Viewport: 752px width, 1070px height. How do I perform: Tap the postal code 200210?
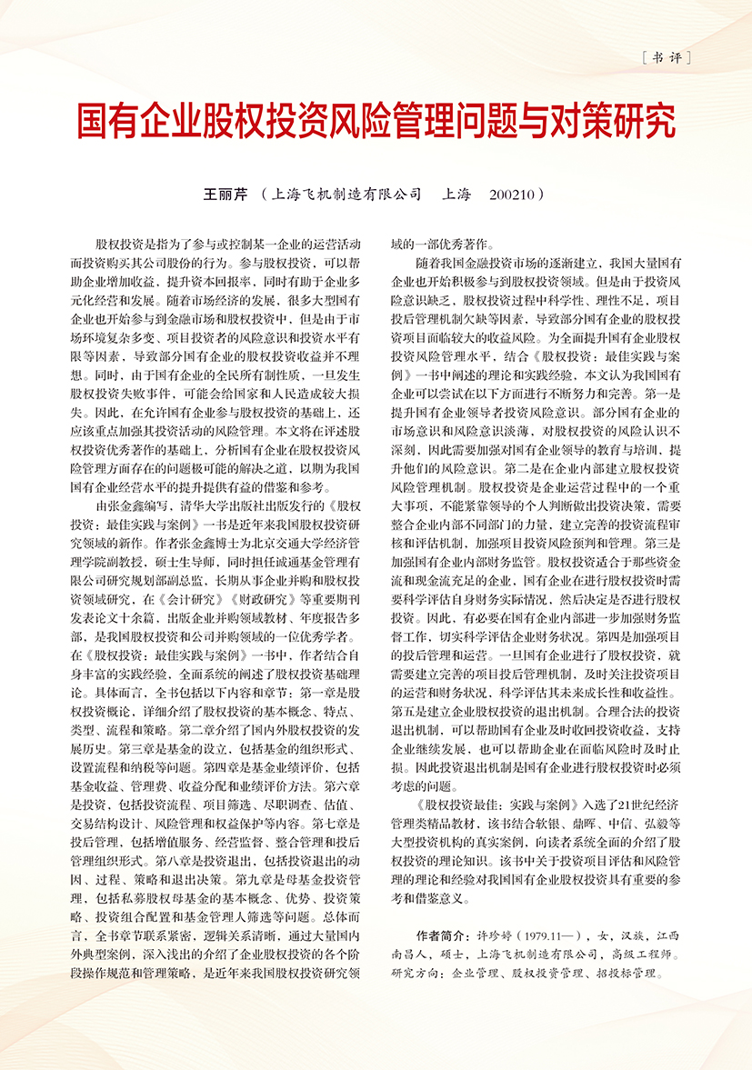(x=516, y=194)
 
